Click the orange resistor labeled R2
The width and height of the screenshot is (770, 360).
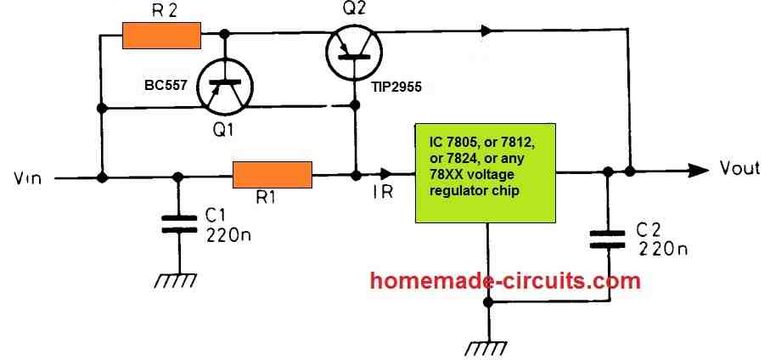click(x=161, y=36)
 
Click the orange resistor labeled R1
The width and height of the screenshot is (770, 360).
click(x=273, y=177)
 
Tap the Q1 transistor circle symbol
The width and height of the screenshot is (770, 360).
click(x=226, y=89)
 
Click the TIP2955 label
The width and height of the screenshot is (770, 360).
click(x=396, y=87)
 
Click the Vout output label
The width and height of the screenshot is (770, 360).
click(x=739, y=168)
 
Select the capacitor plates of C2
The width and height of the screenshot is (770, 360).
click(x=608, y=240)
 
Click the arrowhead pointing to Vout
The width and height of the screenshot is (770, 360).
click(x=698, y=170)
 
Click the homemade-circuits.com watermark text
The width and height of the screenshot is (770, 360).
click(x=506, y=279)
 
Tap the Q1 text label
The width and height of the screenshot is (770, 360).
click(x=226, y=131)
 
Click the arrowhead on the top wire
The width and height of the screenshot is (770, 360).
click(x=486, y=31)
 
